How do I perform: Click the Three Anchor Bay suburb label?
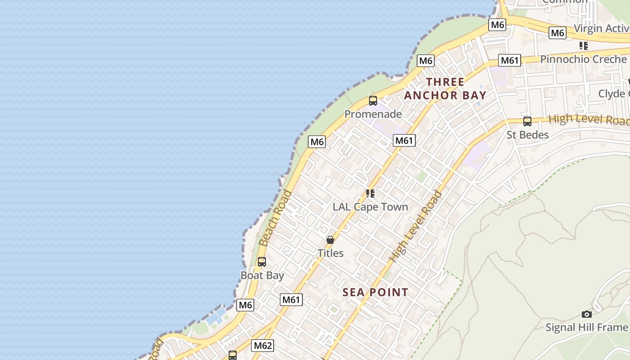(445, 89)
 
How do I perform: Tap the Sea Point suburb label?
(375, 292)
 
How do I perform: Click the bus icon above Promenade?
(373, 101)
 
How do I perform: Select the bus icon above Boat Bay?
(261, 261)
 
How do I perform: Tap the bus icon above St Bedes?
(527, 121)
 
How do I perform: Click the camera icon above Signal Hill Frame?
(586, 314)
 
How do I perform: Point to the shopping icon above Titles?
(330, 240)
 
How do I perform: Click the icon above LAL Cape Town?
(370, 193)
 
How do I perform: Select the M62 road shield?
(262, 346)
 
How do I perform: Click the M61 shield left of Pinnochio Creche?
(509, 60)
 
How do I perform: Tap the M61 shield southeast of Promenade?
(404, 140)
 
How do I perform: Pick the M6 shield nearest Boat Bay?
(245, 305)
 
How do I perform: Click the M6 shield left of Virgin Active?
(557, 33)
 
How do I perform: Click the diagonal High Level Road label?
(416, 227)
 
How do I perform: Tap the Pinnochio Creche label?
(583, 59)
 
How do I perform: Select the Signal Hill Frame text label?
(586, 327)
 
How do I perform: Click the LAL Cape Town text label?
(370, 207)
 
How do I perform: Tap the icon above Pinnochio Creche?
(583, 46)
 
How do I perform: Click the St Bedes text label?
(527, 135)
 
